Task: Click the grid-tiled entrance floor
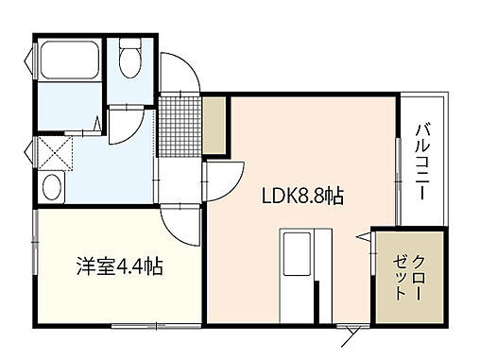[x=180, y=123]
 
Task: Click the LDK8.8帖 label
[x=302, y=197]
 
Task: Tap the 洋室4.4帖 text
[x=119, y=267]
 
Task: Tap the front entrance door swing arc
[x=180, y=71]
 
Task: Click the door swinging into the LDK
[x=220, y=178]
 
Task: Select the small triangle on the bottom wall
[x=353, y=329]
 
